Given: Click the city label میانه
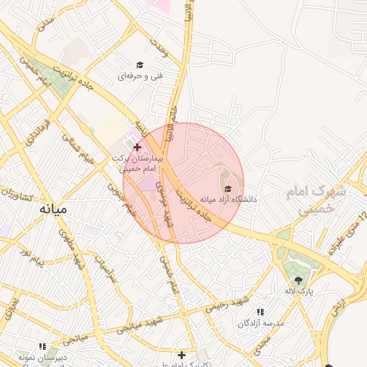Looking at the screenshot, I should [x=53, y=209].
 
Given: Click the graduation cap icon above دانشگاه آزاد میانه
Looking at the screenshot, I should [x=228, y=188].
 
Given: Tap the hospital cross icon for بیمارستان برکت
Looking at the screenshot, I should [x=137, y=147].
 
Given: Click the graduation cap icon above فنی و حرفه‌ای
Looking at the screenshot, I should [x=140, y=65].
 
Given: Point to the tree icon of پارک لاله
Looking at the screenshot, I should [x=298, y=280].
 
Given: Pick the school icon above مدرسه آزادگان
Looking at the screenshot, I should [x=260, y=312].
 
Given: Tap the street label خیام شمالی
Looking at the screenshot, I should [x=79, y=147].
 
